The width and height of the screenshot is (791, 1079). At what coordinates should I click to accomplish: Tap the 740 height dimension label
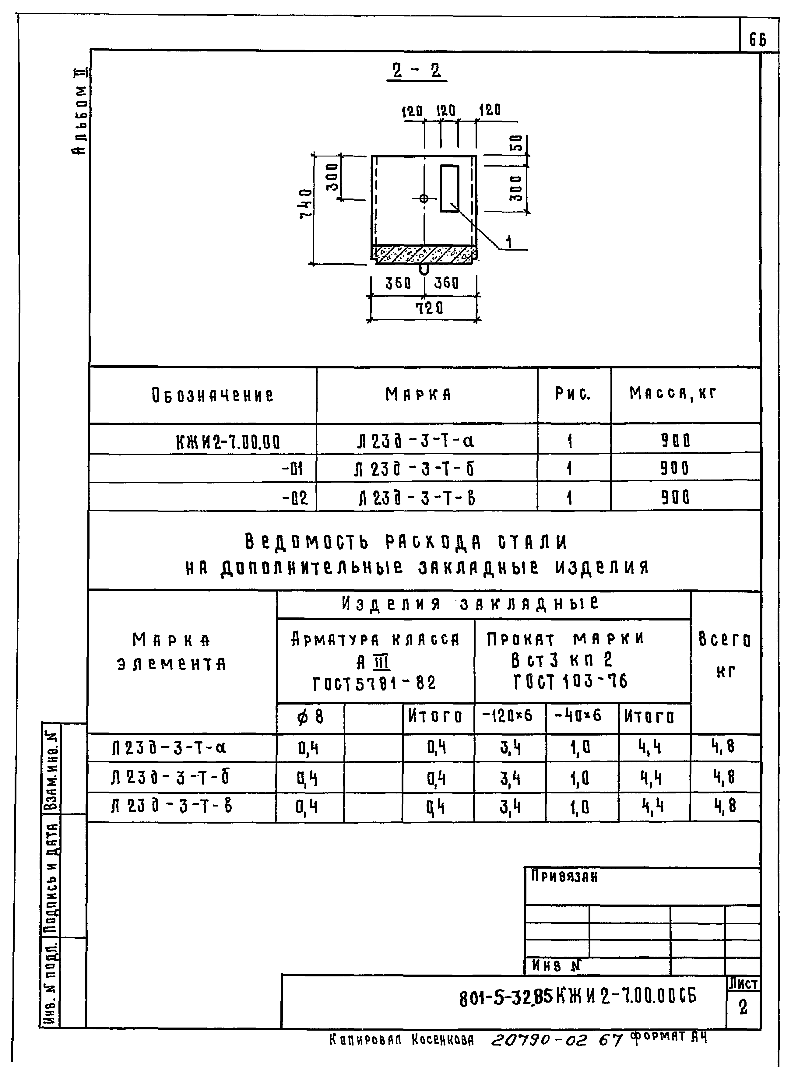click(306, 203)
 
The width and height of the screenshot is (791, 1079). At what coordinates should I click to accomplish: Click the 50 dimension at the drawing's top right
click(518, 143)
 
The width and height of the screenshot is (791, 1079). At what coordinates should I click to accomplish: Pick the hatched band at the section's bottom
click(424, 254)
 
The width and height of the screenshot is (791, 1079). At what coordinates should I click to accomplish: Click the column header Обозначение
click(213, 395)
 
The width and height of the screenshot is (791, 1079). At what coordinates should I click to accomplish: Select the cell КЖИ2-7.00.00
click(228, 441)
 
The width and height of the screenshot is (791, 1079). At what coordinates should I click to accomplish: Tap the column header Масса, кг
click(673, 393)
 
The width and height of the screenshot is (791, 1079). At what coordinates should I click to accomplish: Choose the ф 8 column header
click(310, 717)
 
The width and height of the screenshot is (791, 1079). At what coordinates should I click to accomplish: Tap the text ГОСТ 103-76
click(570, 681)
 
